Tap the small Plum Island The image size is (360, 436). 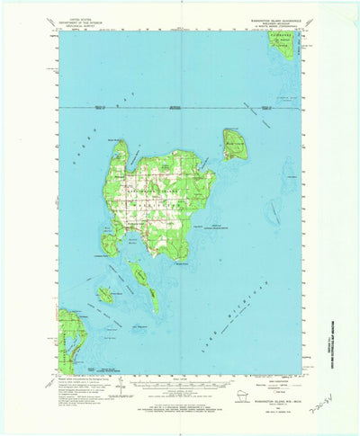[106, 294]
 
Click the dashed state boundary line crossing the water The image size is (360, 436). [180, 107]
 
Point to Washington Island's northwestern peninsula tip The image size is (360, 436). [118, 143]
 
